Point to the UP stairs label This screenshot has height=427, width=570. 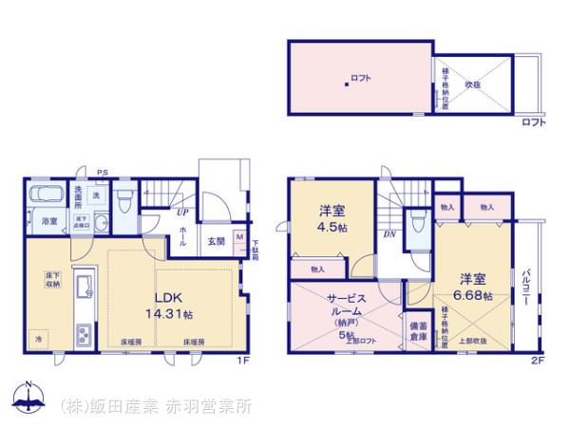pos(180,213)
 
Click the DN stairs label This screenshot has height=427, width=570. pos(389,234)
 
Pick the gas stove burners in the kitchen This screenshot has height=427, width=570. pos(82,337)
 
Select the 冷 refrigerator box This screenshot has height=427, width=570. pos(39,339)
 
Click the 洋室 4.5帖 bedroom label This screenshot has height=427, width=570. pos(333,218)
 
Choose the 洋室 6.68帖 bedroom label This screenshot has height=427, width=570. pos(474,286)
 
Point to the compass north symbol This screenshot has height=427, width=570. pos(28,399)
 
